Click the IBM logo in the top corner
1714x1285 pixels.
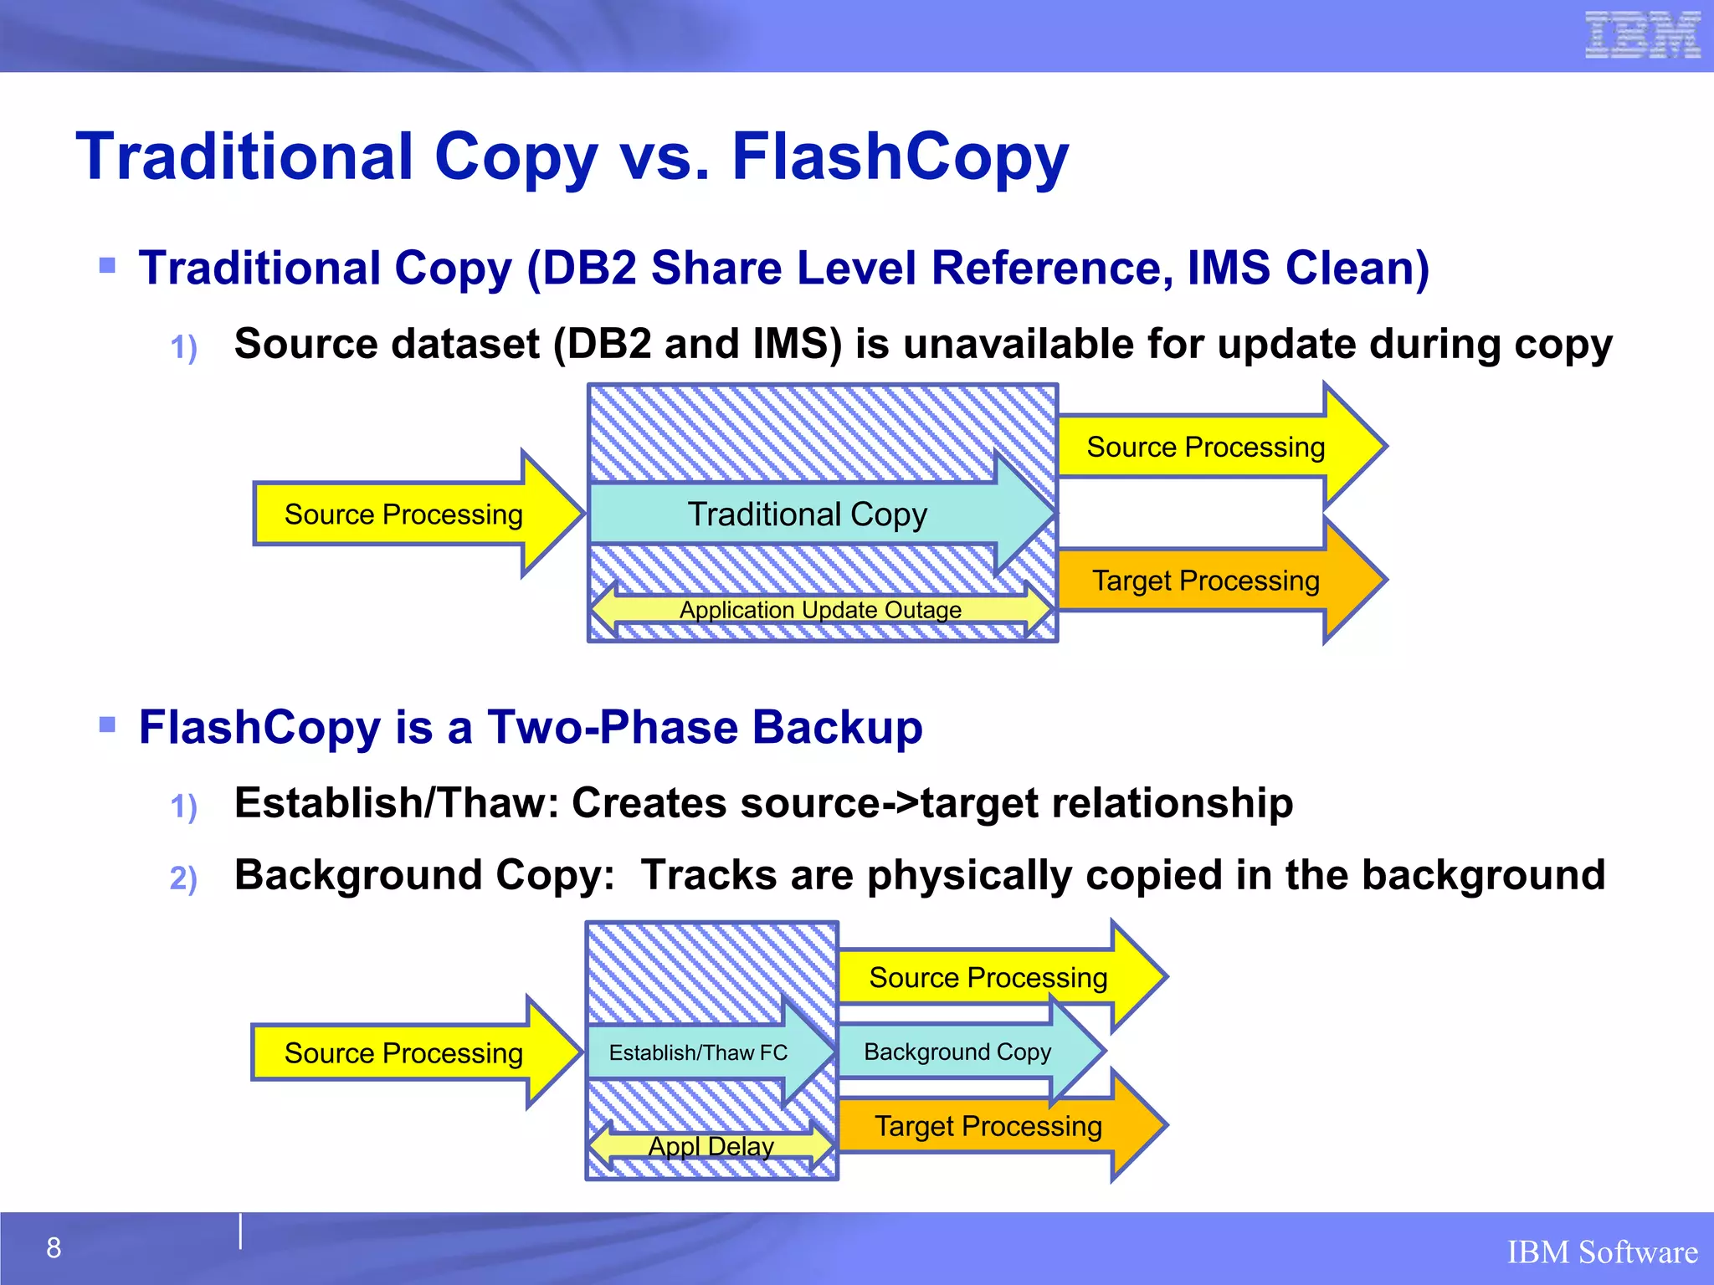click(x=1642, y=36)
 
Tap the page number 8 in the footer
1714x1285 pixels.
click(x=54, y=1247)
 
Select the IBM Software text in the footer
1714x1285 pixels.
click(x=1602, y=1252)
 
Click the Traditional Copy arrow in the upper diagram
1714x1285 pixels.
click(x=808, y=514)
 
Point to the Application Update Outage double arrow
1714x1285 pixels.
click(x=820, y=610)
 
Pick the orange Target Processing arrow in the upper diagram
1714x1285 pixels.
click(x=1206, y=581)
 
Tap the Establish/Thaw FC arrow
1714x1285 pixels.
click(x=698, y=1052)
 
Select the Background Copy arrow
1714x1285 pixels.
click(x=957, y=1052)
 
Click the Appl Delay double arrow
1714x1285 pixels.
click(x=711, y=1146)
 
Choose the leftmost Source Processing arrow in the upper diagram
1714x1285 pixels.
click(x=403, y=515)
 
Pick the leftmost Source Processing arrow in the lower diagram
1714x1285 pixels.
click(x=403, y=1052)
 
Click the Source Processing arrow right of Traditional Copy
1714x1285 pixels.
click(x=1206, y=447)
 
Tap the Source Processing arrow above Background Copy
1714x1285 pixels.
click(x=988, y=977)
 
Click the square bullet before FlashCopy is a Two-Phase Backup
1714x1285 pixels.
click(x=107, y=724)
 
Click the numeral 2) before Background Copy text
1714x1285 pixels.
click(x=183, y=878)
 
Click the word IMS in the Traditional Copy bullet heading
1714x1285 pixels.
click(x=1229, y=269)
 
